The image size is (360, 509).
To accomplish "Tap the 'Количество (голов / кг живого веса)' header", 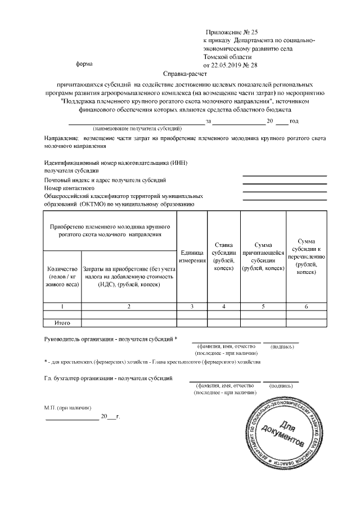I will (62, 276).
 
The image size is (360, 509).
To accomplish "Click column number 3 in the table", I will (192, 307).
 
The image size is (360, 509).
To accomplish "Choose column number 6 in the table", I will (306, 307).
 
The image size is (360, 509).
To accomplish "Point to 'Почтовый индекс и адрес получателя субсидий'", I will (105, 180).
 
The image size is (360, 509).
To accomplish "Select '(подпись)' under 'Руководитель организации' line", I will (282, 346).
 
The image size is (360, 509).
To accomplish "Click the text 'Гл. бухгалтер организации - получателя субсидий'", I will (109, 378).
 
